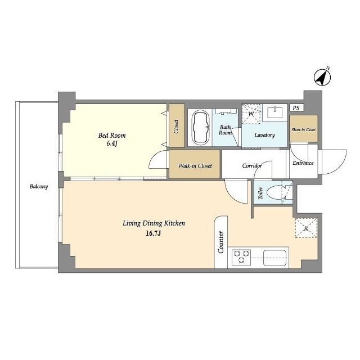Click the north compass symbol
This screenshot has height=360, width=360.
(322, 78)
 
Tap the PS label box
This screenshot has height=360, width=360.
(296, 107)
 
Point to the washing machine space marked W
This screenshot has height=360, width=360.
(251, 114)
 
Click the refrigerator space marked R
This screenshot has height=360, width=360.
(306, 228)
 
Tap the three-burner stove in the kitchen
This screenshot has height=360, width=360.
(241, 256)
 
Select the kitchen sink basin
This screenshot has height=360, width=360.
(275, 258)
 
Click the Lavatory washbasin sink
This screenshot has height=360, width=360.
(274, 112)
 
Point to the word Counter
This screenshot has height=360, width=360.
(221, 242)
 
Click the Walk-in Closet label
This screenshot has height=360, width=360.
(195, 166)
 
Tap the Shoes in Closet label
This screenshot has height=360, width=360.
(304, 129)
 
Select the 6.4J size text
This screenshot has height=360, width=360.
(112, 144)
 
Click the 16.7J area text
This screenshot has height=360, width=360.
(154, 233)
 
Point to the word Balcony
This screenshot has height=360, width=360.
(39, 186)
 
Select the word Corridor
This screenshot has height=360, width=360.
(252, 165)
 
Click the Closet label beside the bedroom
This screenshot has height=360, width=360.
(176, 127)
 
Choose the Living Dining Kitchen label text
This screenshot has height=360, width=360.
(154, 223)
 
